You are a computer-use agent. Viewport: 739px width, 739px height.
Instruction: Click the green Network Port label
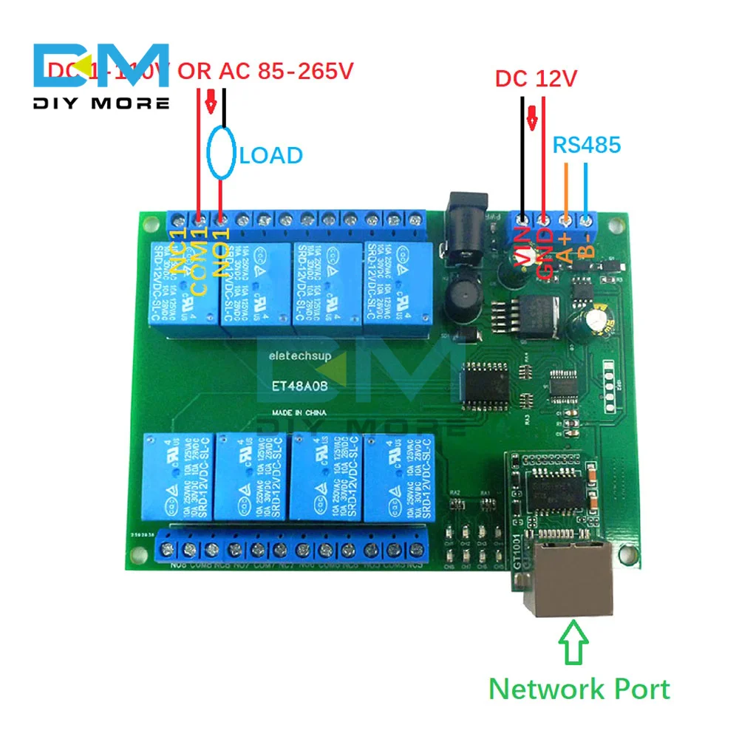tap(579, 689)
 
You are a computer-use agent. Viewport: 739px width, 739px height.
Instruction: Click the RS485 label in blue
tap(587, 145)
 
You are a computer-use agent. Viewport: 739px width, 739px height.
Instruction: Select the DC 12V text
tap(536, 78)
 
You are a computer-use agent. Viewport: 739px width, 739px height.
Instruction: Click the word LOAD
tap(271, 156)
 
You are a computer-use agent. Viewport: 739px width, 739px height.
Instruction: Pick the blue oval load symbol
tap(222, 154)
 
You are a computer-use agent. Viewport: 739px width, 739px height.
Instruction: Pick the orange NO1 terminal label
tap(221, 252)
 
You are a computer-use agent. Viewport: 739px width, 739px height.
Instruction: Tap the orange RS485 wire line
tap(566, 189)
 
